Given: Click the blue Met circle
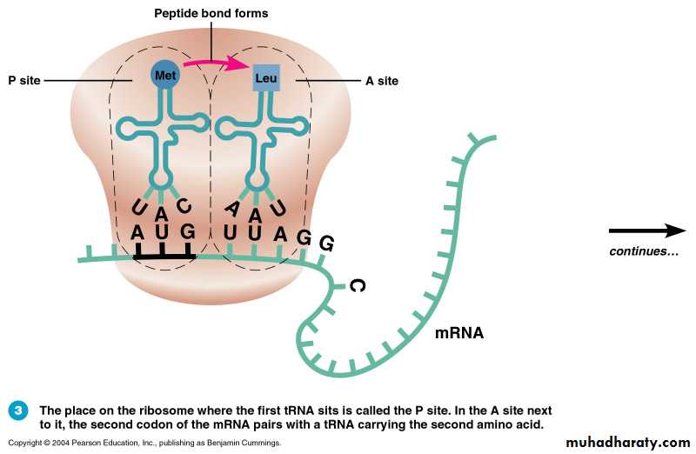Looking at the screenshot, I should [164, 76].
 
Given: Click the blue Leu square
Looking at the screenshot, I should [266, 78].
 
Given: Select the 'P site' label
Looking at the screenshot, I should [23, 80].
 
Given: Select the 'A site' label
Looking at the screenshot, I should [381, 81].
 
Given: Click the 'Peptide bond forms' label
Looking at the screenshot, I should [211, 14].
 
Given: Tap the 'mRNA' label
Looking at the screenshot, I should [458, 332].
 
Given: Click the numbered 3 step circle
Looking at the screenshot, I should [18, 411].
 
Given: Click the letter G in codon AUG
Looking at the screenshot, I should [187, 233].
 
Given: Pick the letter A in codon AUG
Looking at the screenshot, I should [137, 233].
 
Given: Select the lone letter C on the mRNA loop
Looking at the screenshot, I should [355, 285].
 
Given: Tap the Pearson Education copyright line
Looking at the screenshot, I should [144, 444].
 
